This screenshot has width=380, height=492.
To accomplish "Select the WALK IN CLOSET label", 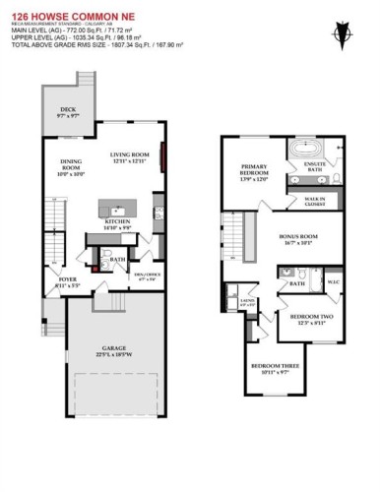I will pyautogui.click(x=316, y=201).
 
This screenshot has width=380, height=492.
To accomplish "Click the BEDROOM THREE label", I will pyautogui.click(x=266, y=370).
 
